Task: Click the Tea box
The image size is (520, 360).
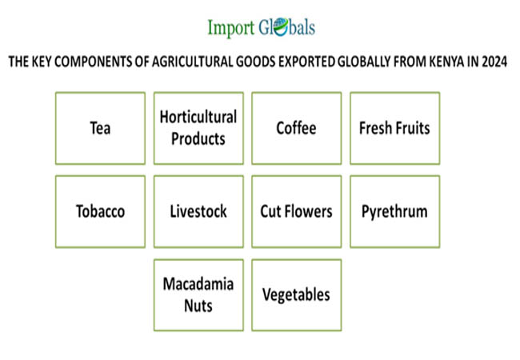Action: click(100, 128)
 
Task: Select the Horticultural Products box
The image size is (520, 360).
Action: click(198, 128)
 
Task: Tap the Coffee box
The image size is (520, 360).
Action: click(297, 128)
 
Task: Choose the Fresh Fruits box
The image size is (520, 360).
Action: click(394, 128)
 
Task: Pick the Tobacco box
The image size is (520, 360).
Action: click(100, 211)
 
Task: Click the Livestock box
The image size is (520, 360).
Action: click(198, 211)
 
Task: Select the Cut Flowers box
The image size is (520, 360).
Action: click(297, 211)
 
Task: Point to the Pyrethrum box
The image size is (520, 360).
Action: click(394, 211)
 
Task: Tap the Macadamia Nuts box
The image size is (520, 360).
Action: click(198, 295)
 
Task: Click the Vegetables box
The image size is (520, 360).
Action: click(297, 295)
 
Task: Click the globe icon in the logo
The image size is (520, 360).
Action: click(281, 26)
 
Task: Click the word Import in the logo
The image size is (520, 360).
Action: click(231, 28)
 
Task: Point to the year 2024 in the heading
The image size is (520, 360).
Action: click(494, 62)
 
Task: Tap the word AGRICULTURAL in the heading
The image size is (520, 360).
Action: click(193, 62)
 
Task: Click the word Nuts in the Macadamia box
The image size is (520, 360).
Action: click(198, 306)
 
